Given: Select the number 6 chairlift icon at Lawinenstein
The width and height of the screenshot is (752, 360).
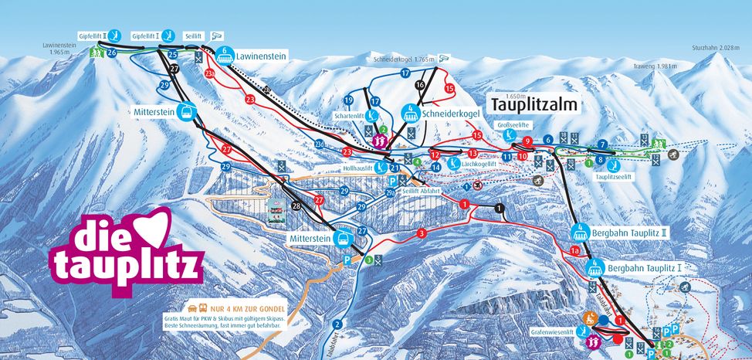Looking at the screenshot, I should pos(224,55).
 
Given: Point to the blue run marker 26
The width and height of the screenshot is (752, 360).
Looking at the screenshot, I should pos(112,53).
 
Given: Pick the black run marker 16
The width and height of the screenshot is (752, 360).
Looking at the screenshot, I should pos(420,84).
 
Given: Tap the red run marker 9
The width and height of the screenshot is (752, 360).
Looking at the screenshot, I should pos(528,141).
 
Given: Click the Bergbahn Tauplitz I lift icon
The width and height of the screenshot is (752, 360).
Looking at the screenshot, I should pos(594,267).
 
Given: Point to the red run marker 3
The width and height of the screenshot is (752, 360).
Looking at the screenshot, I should pos(422,233).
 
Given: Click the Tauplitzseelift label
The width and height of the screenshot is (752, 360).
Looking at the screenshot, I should pos(614,176).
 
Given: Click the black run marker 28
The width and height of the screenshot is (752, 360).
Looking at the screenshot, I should pos(296,205).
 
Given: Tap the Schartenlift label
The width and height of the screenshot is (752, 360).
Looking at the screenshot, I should pos(348,116).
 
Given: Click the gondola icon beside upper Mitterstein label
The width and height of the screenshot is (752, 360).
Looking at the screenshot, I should pos(185,111).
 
